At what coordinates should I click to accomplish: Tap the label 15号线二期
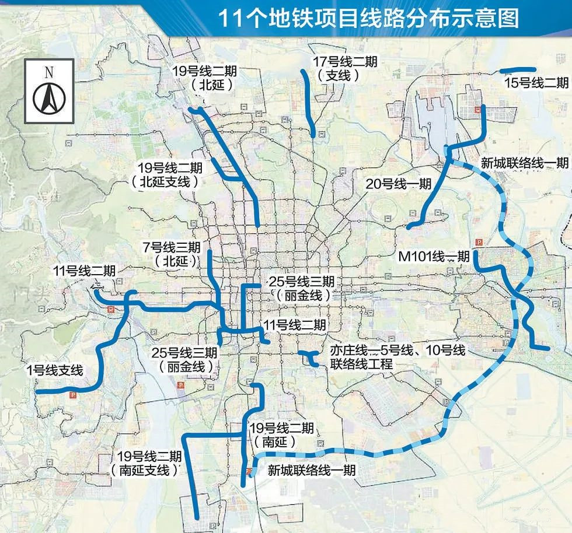(x=536, y=83)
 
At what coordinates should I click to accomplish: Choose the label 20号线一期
(x=399, y=184)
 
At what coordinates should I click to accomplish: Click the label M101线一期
(x=434, y=256)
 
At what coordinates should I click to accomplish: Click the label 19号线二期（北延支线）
(x=169, y=174)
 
